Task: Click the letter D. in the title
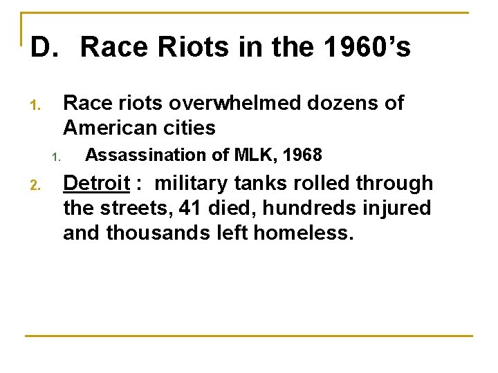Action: (x=42, y=48)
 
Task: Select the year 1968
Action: (x=302, y=155)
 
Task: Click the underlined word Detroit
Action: (x=97, y=183)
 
